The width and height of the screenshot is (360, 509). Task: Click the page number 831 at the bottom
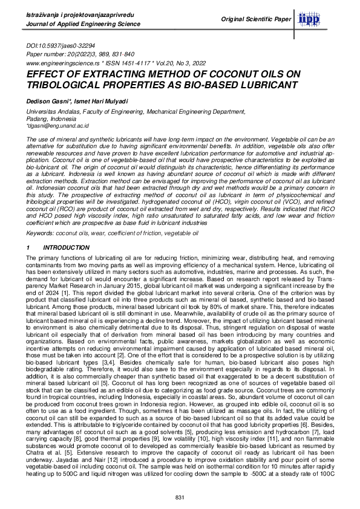pos(179,496)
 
